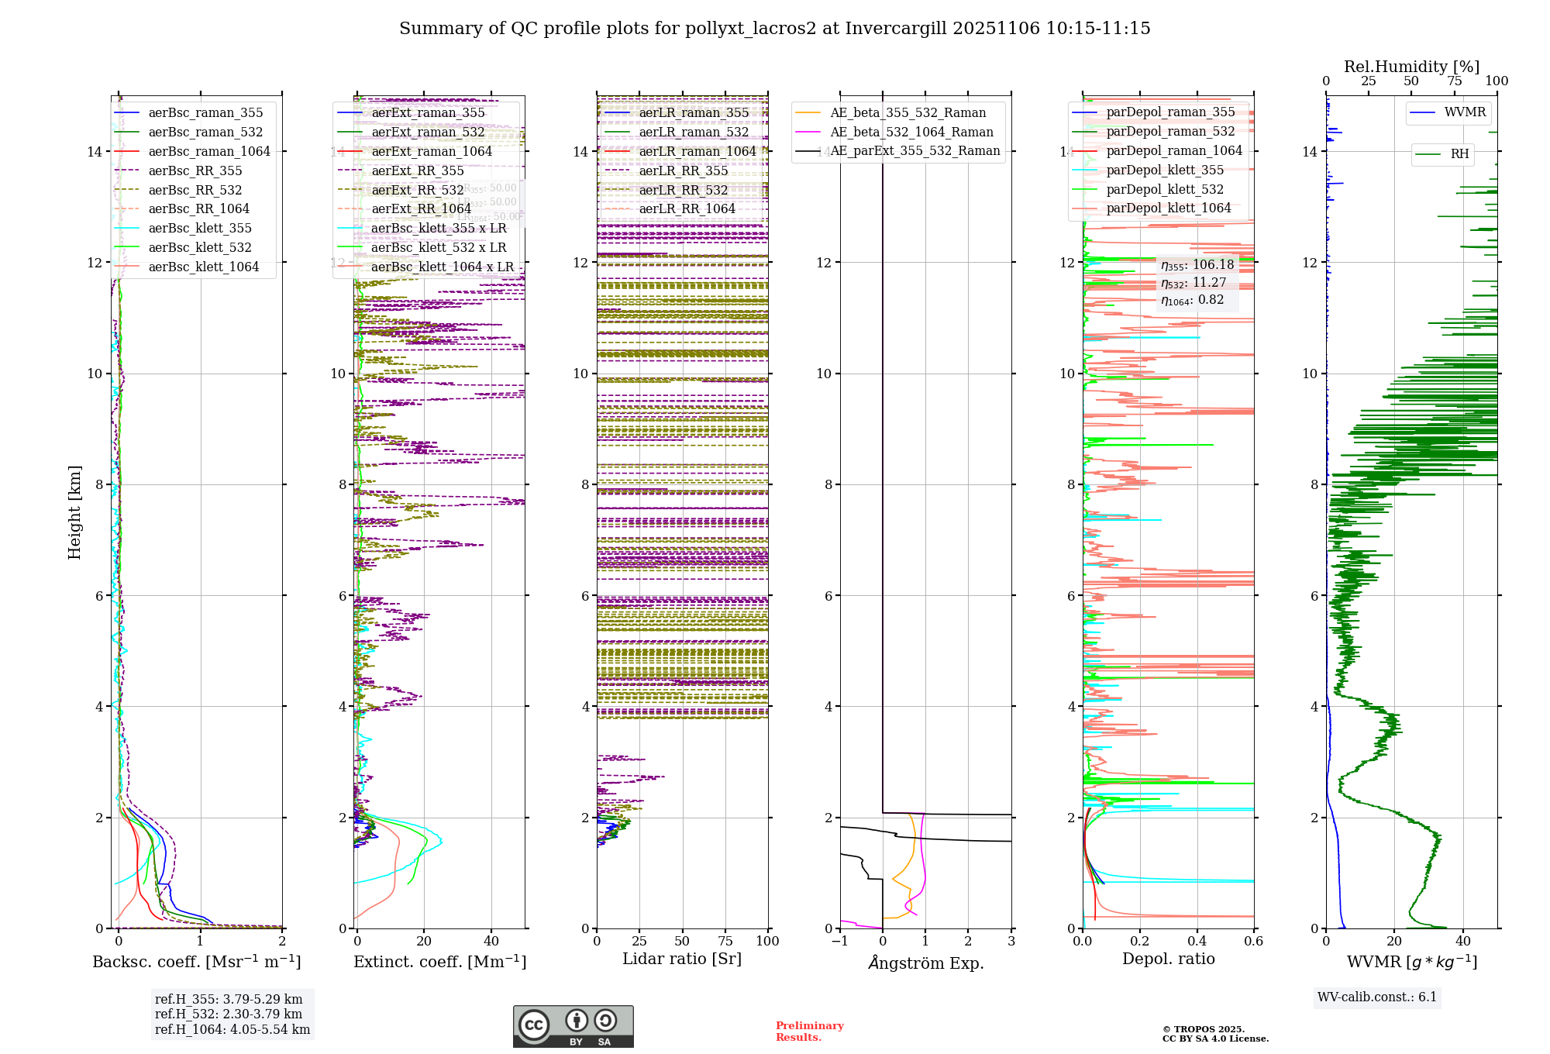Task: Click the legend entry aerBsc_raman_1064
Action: click(209, 151)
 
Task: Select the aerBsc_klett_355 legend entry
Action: click(200, 228)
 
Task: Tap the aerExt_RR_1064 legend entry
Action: click(421, 208)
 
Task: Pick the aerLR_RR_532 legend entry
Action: click(683, 190)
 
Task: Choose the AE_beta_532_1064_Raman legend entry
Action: click(911, 132)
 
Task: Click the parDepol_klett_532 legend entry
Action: click(1165, 189)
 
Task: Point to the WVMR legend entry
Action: click(1465, 112)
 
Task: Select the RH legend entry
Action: click(1459, 153)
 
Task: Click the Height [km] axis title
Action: click(74, 512)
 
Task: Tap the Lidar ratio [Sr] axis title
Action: click(682, 959)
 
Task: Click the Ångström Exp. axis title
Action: click(926, 963)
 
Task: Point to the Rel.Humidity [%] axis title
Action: click(1411, 67)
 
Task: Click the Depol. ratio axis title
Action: click(1168, 959)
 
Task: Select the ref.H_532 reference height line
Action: click(229, 1014)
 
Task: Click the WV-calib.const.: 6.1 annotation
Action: click(1377, 997)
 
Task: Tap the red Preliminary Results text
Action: click(809, 1031)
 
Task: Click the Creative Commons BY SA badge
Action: click(573, 1026)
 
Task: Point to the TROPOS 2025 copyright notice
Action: click(1214, 1034)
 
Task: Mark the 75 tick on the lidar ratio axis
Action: click(725, 941)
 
